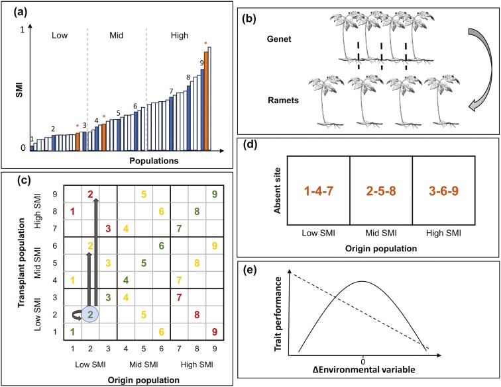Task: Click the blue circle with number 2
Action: pos(91,314)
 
